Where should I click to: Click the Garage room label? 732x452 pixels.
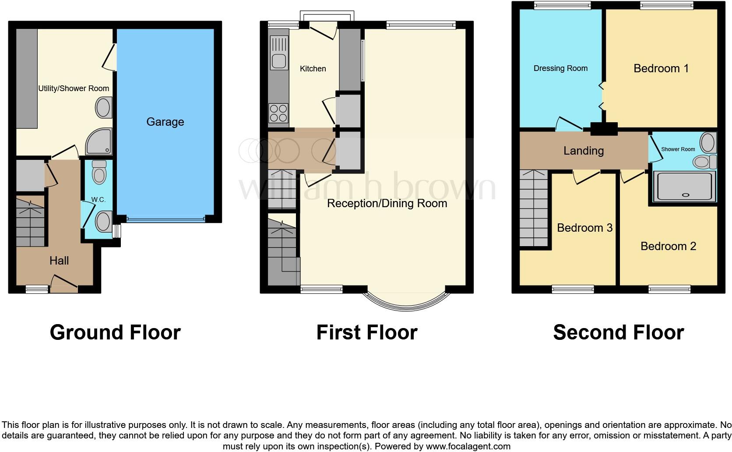coord(165,122)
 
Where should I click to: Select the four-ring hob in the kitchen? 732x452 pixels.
coord(278,113)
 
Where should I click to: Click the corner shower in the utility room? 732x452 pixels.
coord(99,141)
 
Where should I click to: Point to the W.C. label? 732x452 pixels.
coord(98,200)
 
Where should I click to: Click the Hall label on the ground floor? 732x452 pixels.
coord(59,261)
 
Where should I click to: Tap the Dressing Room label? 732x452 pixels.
coord(560,68)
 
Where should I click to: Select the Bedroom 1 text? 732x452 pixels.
coord(661,68)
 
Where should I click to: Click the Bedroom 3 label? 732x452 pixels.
coord(584,228)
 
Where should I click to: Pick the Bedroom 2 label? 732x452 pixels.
coord(668,246)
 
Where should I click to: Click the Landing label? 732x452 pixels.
coord(584,151)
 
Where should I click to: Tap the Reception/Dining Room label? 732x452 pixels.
coord(387,203)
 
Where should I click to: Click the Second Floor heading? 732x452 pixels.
coord(618,332)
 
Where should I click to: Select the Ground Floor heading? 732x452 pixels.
coord(115,332)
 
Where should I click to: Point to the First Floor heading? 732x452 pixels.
coord(367,332)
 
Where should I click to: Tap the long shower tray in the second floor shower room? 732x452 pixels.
coord(684,187)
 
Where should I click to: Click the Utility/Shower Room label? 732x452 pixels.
coord(74,88)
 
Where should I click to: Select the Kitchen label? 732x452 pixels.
coord(313,69)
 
